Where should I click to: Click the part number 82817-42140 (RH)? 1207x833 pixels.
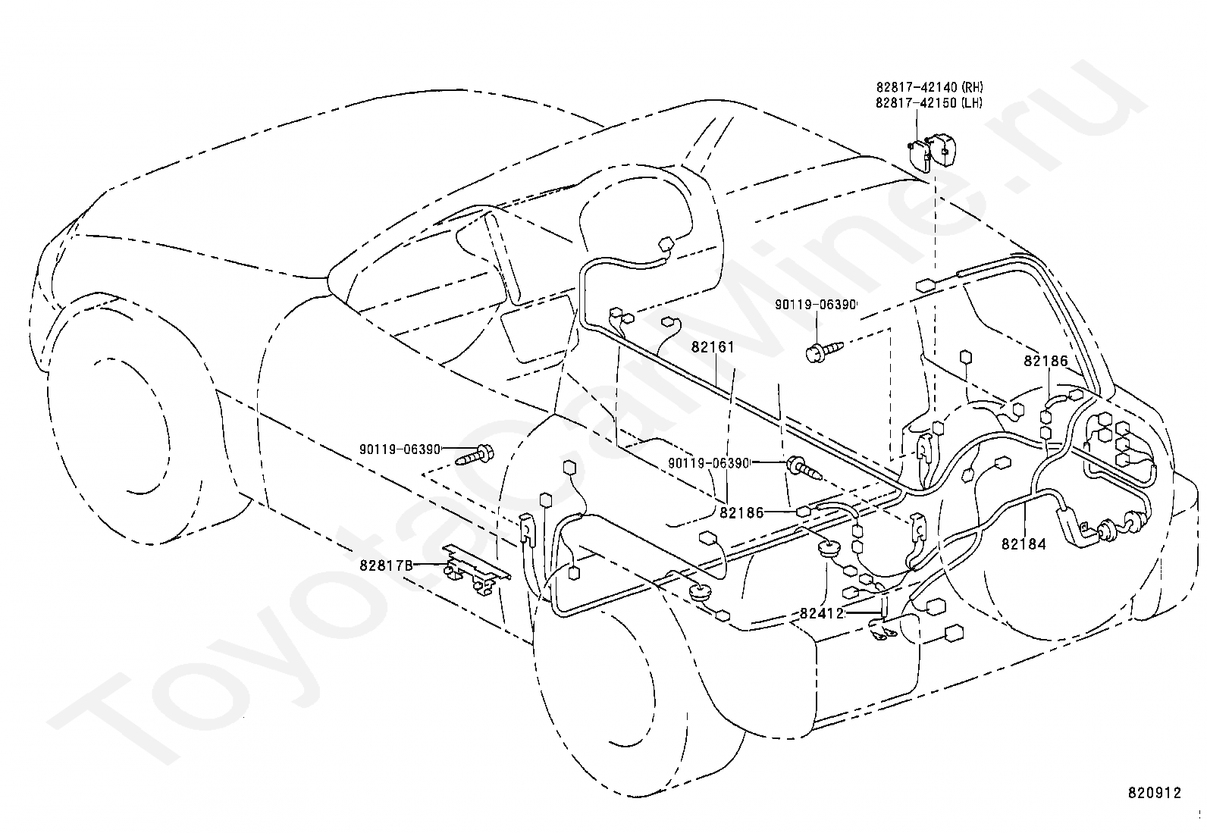point(929,87)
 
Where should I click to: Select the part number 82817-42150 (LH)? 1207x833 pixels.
point(929,102)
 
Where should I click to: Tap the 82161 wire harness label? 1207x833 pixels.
point(713,347)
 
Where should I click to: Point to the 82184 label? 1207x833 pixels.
point(1024,544)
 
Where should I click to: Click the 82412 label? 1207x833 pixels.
point(822,613)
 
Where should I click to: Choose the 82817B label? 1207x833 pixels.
point(386,565)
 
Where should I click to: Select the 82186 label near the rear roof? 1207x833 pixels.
point(1046,361)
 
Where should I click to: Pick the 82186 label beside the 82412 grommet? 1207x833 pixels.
point(741,512)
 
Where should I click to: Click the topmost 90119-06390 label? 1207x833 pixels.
point(815,305)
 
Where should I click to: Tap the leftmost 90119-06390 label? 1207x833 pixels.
point(400,449)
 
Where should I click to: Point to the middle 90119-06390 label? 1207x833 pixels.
point(709,463)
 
